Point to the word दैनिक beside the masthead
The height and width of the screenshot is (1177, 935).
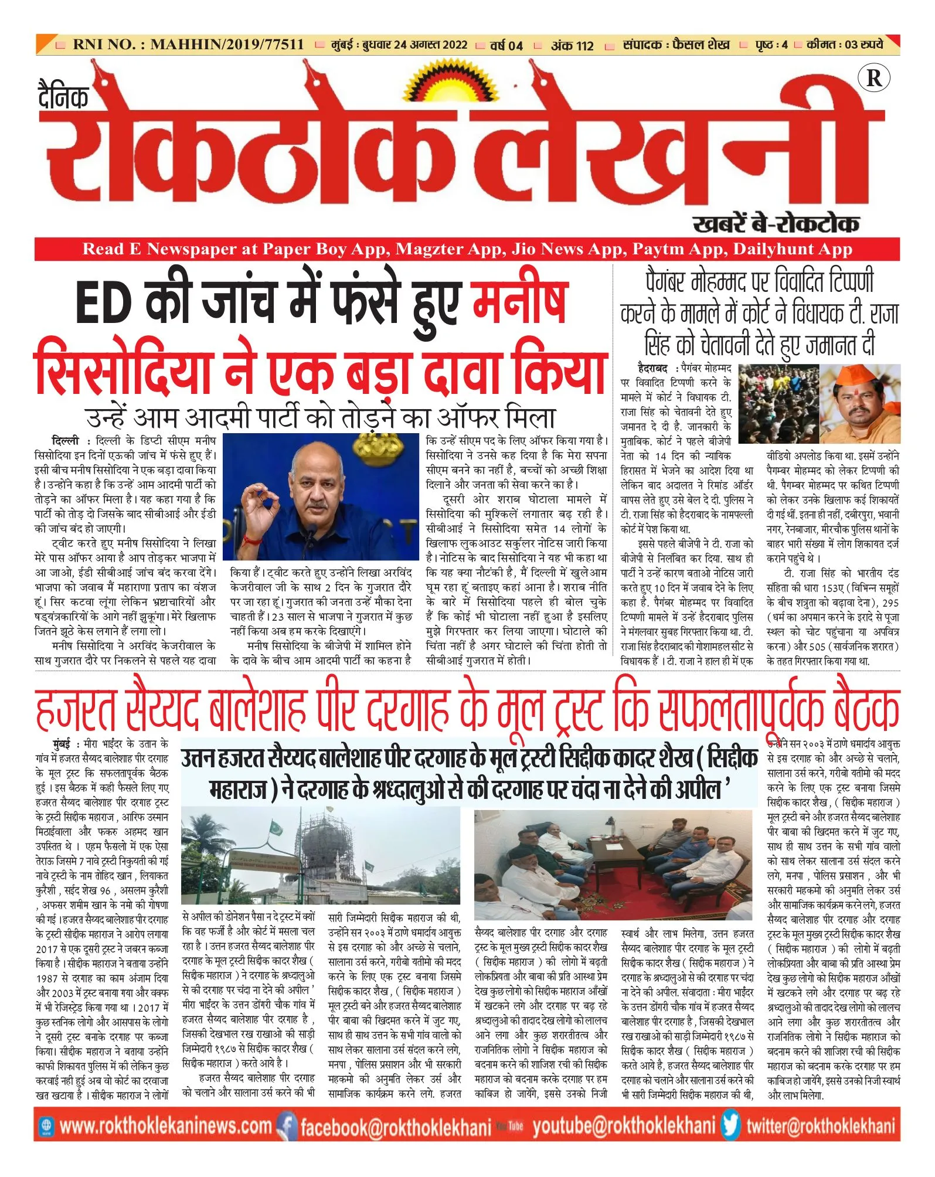(x=63, y=96)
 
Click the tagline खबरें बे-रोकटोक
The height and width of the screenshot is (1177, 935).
(x=776, y=223)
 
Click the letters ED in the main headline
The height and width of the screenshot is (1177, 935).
(x=101, y=302)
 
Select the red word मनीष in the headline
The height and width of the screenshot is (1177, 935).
(x=520, y=301)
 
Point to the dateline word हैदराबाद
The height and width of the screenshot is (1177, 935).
(x=652, y=369)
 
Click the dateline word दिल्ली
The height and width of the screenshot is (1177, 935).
(x=65, y=440)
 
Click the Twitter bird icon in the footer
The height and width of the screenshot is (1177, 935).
(x=730, y=1125)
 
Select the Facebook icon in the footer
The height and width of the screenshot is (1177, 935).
(x=286, y=1125)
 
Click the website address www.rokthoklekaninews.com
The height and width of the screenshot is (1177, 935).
(x=166, y=1125)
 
